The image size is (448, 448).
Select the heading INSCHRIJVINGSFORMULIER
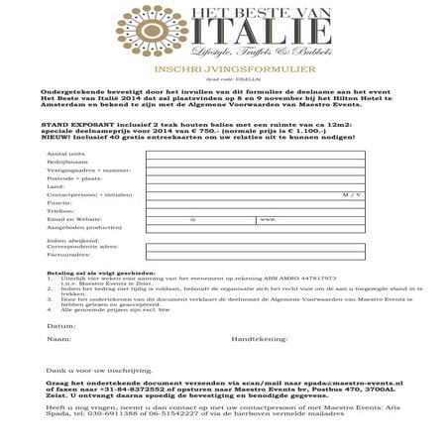(x=223, y=70)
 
